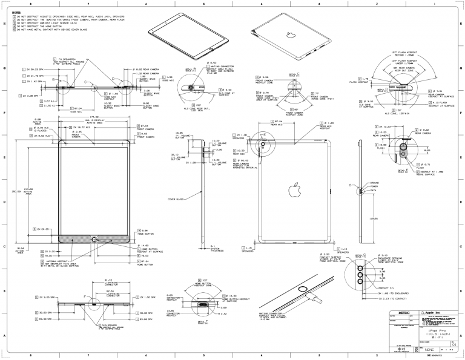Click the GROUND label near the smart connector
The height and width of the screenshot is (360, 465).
tap(375, 182)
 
